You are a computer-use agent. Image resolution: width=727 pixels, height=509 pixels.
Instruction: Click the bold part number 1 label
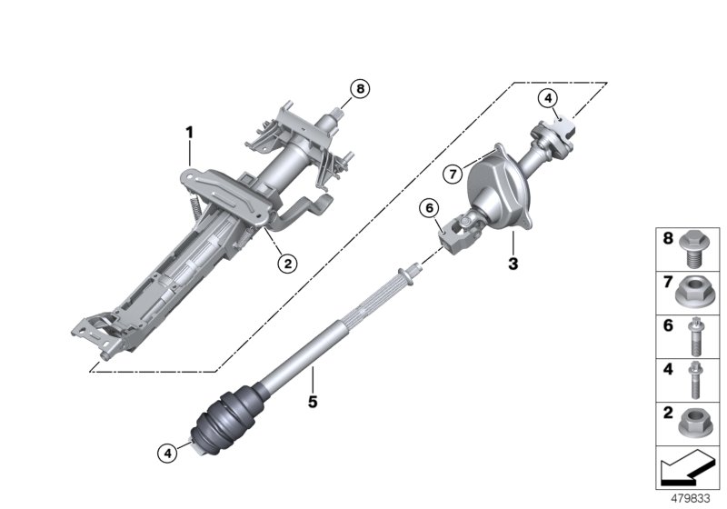click(x=190, y=133)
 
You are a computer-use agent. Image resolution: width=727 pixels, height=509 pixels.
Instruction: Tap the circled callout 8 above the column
click(x=360, y=89)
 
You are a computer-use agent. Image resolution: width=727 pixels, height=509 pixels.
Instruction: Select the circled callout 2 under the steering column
click(x=286, y=264)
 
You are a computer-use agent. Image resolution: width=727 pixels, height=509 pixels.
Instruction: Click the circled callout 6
click(x=428, y=209)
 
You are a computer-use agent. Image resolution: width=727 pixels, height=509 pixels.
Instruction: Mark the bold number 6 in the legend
click(x=665, y=325)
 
